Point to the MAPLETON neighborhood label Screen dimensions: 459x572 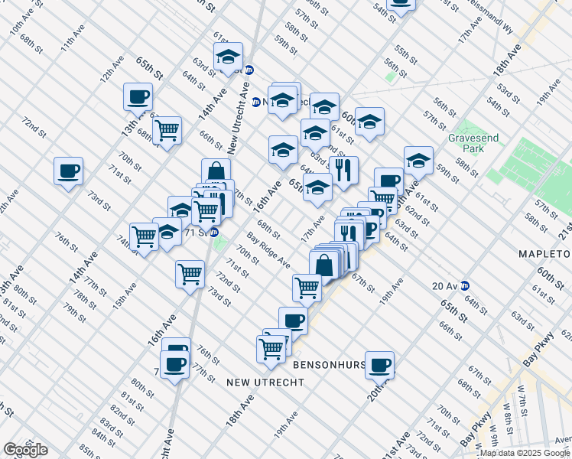(x=545, y=253)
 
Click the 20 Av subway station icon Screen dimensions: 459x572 (x=464, y=286)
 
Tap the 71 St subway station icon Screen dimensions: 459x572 (x=215, y=232)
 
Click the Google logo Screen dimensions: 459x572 (x=25, y=450)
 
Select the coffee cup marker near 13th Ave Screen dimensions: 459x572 (x=138, y=96)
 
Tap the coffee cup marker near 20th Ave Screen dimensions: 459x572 (x=379, y=365)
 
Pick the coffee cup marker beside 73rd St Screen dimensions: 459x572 (x=68, y=170)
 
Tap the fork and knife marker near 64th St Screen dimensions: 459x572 (x=343, y=169)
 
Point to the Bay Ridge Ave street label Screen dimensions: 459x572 (x=268, y=251)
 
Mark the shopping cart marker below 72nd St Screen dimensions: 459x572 (x=190, y=274)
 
